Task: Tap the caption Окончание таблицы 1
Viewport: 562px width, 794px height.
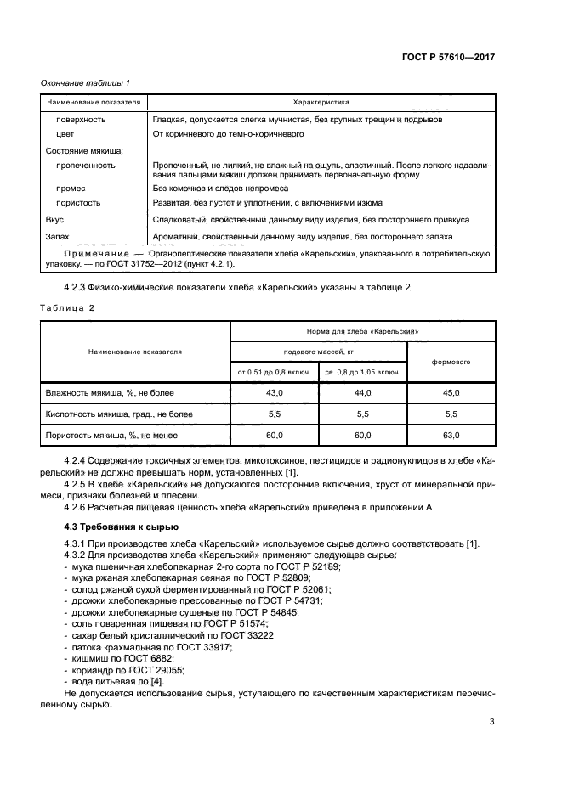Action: tap(85, 82)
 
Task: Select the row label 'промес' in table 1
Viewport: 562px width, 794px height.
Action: tap(71, 188)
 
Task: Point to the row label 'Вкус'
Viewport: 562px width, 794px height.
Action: tap(54, 219)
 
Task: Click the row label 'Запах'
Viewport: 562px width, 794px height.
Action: tap(56, 236)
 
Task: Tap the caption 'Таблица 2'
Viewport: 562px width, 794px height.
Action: tap(68, 307)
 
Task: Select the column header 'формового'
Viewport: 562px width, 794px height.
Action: tap(451, 362)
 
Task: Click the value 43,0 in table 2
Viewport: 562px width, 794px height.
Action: tap(275, 393)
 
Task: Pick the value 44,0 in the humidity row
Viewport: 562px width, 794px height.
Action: tap(363, 393)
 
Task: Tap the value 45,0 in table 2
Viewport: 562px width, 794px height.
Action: tap(451, 393)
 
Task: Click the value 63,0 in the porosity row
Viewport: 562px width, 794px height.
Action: tap(451, 436)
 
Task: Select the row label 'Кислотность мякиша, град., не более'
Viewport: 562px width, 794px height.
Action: tap(118, 414)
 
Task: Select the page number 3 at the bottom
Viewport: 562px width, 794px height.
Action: tap(491, 723)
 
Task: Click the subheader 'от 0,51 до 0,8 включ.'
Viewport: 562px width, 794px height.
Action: tap(275, 372)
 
